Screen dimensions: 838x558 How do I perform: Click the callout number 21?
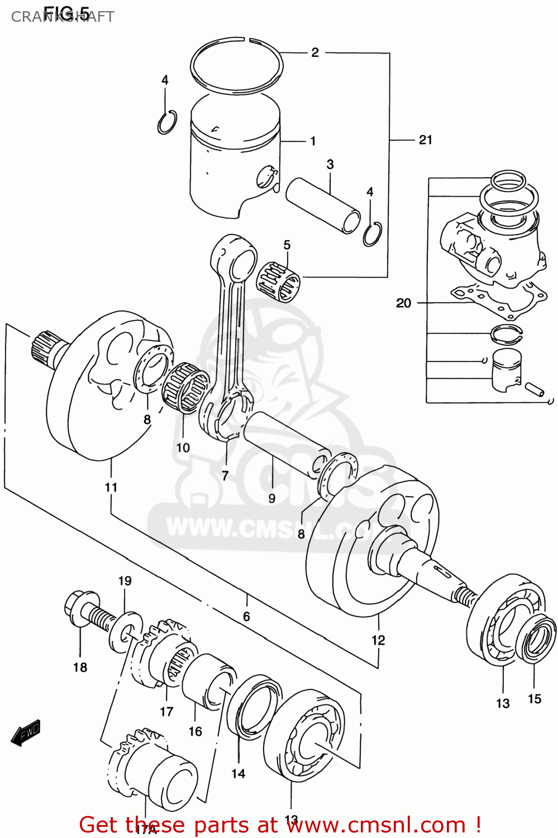(x=425, y=140)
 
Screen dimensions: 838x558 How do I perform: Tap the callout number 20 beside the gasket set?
(x=403, y=303)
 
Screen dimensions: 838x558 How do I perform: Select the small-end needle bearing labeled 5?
(x=278, y=281)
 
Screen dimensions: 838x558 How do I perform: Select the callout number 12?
(x=378, y=640)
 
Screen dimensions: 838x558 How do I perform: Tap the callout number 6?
(x=246, y=617)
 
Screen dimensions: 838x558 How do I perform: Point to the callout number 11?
(x=111, y=487)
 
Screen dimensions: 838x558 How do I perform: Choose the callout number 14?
(x=239, y=774)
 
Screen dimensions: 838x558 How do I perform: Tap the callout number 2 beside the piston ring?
(x=315, y=53)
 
